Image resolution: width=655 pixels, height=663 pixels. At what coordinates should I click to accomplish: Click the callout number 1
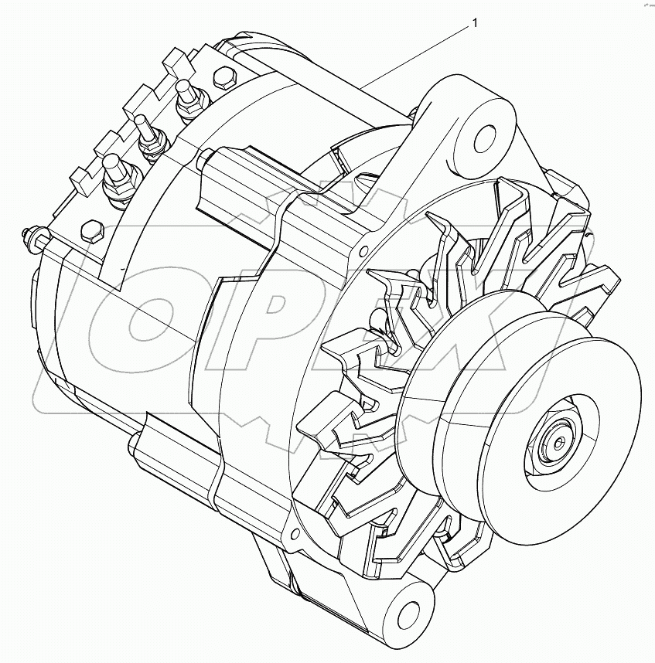click(475, 24)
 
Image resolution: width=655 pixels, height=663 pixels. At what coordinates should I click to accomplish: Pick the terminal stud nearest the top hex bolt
click(186, 97)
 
